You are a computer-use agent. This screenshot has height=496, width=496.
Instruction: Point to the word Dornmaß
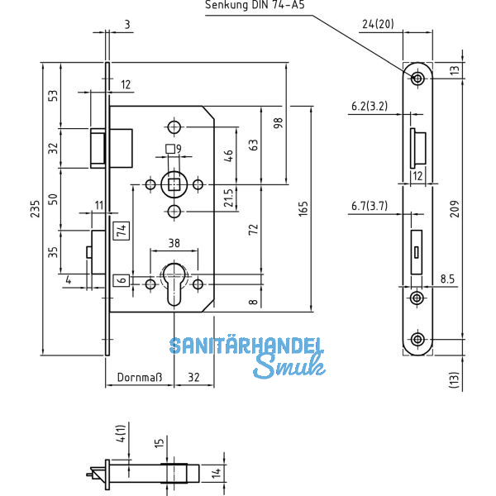click(136, 377)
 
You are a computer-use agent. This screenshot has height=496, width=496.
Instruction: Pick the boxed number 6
click(120, 280)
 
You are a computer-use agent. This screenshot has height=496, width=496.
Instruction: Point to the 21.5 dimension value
click(228, 199)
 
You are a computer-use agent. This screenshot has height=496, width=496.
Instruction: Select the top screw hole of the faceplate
click(417, 78)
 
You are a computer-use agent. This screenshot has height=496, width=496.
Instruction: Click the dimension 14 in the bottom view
click(215, 473)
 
